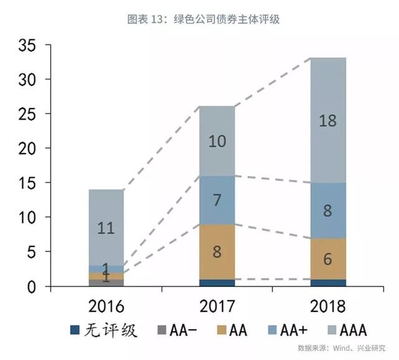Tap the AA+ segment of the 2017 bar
pos(217,200)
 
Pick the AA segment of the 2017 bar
pos(217,252)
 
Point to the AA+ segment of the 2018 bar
pos(328,210)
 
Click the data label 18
pos(328,120)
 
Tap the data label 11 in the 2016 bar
pos(106,228)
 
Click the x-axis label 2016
pos(105,306)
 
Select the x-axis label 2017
pos(216,306)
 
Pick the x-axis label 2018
pos(328,306)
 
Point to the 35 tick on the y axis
pos(30,46)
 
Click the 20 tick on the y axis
pos(30,148)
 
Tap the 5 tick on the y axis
pos(34,251)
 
